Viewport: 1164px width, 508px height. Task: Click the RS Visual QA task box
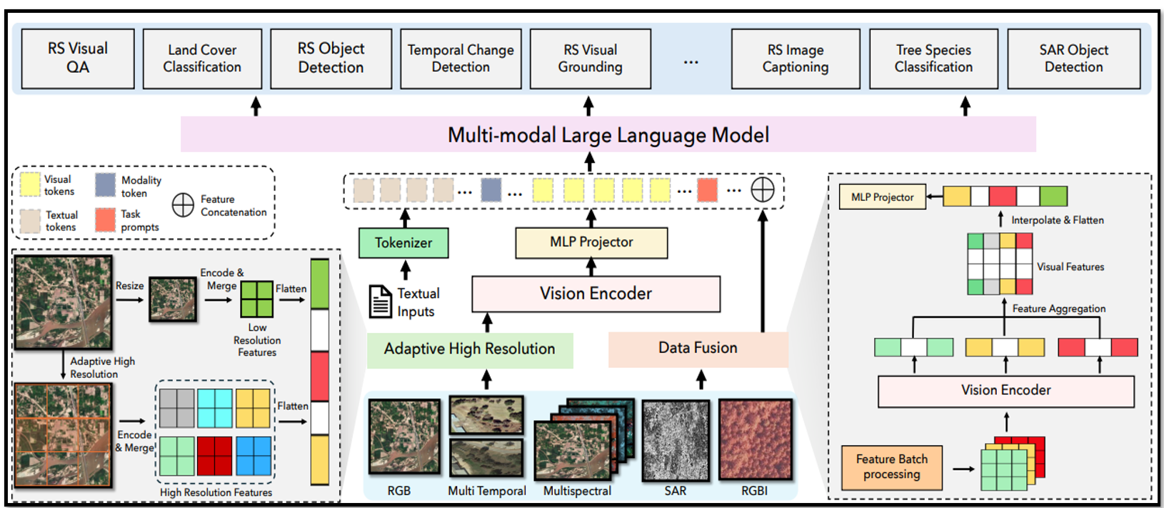[x=78, y=59]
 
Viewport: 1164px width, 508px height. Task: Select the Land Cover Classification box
[x=202, y=59]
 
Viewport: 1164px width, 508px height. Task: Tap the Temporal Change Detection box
[x=461, y=59]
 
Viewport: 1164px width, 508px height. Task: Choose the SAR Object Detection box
[x=1073, y=59]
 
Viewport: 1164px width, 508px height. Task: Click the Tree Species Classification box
[x=933, y=59]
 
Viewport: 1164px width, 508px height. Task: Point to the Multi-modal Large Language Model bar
[x=608, y=134]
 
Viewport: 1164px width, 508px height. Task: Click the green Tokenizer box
[x=403, y=243]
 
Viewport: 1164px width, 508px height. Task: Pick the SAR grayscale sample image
[x=676, y=440]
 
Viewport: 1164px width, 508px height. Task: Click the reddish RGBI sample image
[x=756, y=439]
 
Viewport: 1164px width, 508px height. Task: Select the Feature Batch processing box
[x=892, y=467]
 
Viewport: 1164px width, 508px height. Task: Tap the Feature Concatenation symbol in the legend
[x=183, y=205]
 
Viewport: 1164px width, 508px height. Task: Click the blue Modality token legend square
[x=106, y=185]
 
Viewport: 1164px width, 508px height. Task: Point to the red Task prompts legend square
[x=106, y=220]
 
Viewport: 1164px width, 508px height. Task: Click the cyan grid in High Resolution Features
[x=215, y=408]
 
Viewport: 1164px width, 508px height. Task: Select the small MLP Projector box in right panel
[x=883, y=197]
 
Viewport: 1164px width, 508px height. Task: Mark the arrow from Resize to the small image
[x=129, y=300]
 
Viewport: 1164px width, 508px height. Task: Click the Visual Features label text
[x=1070, y=267]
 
